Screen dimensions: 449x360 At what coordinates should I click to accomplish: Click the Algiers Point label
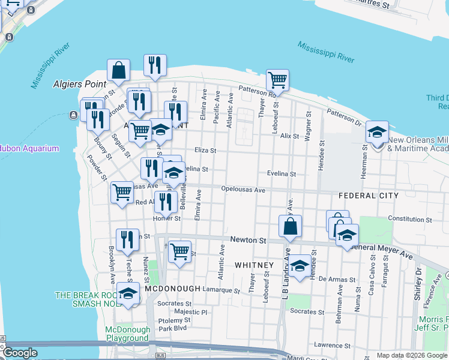coord(79,84)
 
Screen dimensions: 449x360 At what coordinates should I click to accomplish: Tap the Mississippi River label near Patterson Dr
coord(326,52)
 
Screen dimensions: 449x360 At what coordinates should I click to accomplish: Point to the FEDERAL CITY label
coord(368,196)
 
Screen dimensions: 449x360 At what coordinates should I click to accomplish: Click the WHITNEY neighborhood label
coord(254,265)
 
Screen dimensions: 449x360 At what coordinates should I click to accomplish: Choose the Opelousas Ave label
coord(243,190)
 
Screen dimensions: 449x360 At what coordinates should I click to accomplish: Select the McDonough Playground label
coord(127,334)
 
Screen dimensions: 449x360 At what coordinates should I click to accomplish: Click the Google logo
coord(20,353)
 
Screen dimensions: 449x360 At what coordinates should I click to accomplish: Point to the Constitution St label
coord(410,220)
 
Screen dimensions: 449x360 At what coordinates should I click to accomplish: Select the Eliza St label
coord(205,151)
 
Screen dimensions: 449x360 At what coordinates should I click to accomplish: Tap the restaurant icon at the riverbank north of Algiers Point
coord(155,65)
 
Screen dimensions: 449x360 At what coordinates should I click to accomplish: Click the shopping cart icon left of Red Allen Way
coord(122,192)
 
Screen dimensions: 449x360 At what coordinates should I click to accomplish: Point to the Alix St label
coord(289,136)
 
